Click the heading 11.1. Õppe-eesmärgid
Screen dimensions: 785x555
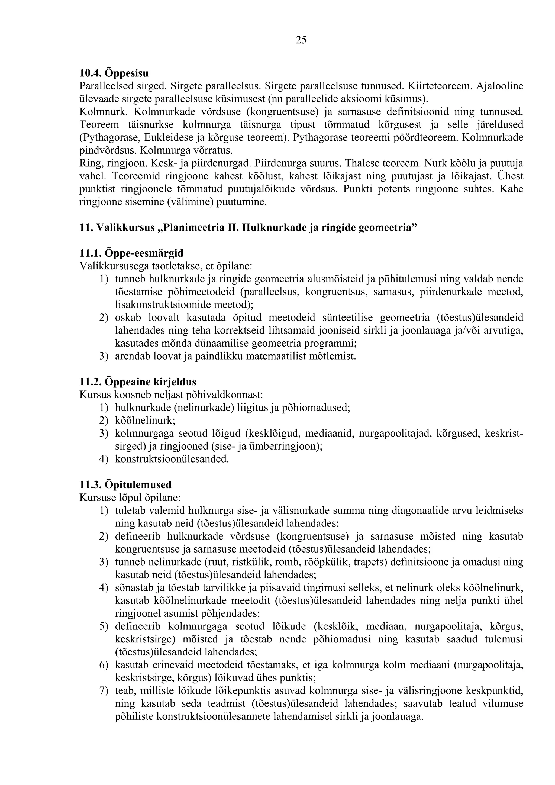tap(131, 253)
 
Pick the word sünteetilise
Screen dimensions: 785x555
tap(347, 318)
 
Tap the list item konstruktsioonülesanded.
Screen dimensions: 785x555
tap(172, 459)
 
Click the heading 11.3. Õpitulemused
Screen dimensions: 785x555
tap(125, 485)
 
